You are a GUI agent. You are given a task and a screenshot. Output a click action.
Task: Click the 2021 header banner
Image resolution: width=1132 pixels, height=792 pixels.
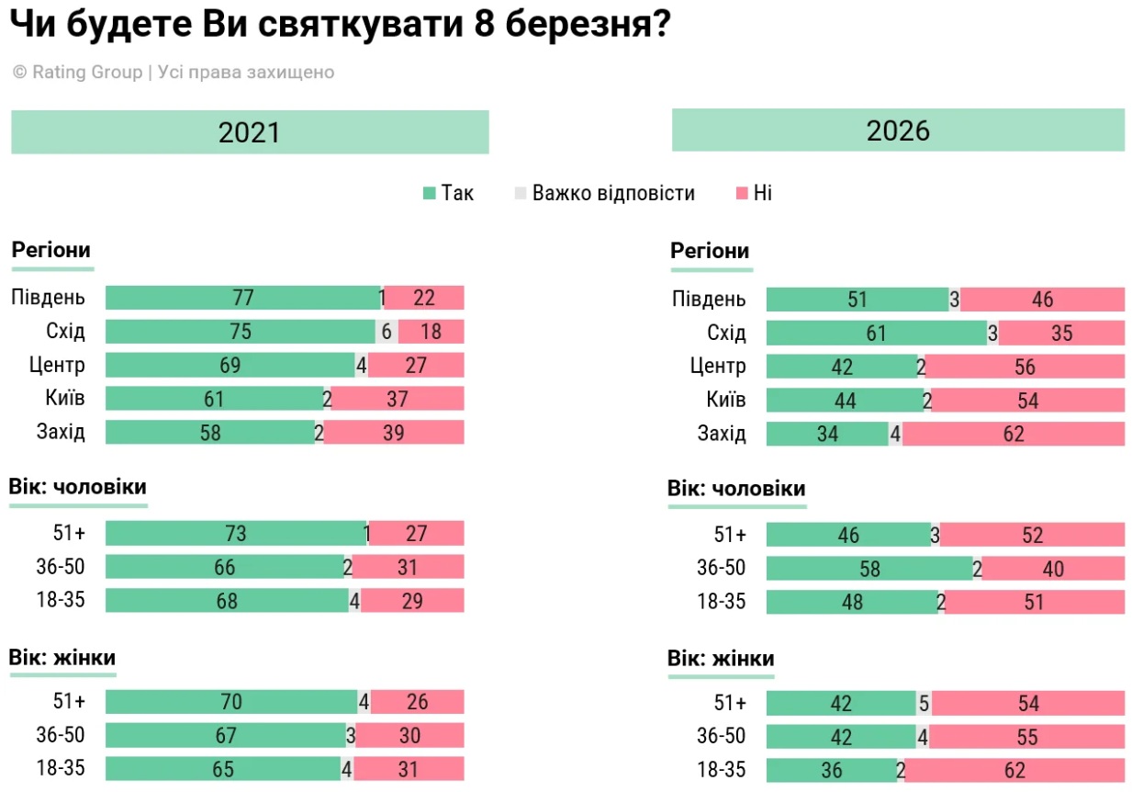click(250, 132)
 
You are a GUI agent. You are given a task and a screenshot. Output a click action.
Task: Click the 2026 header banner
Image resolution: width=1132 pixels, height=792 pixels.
click(898, 130)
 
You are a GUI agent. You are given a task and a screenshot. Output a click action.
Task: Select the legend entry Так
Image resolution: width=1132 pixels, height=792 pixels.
click(448, 193)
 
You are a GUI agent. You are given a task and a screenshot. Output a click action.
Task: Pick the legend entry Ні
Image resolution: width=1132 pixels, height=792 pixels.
click(755, 193)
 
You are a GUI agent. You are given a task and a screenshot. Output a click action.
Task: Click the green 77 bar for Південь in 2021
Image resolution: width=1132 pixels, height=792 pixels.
click(242, 298)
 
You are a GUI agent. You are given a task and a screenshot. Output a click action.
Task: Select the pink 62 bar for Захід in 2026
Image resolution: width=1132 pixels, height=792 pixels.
click(1014, 434)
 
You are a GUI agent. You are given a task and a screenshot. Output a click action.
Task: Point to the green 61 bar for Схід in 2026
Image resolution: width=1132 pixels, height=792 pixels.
click(877, 333)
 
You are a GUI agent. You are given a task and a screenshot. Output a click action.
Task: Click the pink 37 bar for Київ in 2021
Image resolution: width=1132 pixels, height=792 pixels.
click(398, 399)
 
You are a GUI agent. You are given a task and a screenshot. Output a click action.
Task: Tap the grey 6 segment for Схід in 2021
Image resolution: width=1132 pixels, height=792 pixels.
click(387, 332)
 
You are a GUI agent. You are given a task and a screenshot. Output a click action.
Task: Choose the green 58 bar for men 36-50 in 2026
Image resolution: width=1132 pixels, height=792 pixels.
click(869, 569)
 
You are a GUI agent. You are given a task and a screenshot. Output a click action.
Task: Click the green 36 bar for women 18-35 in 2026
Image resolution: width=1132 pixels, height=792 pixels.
click(831, 770)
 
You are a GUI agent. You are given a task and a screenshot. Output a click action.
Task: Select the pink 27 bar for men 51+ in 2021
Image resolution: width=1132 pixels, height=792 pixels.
click(416, 533)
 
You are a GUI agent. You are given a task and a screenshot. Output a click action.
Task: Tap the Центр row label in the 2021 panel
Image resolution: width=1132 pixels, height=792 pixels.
click(58, 366)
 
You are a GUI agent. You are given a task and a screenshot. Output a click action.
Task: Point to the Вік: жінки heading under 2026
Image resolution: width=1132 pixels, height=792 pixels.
click(721, 659)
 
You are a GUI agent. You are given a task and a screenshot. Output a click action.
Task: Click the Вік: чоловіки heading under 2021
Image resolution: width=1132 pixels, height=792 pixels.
click(77, 487)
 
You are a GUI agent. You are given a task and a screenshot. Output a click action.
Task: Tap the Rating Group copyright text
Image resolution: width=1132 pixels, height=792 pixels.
click(174, 73)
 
